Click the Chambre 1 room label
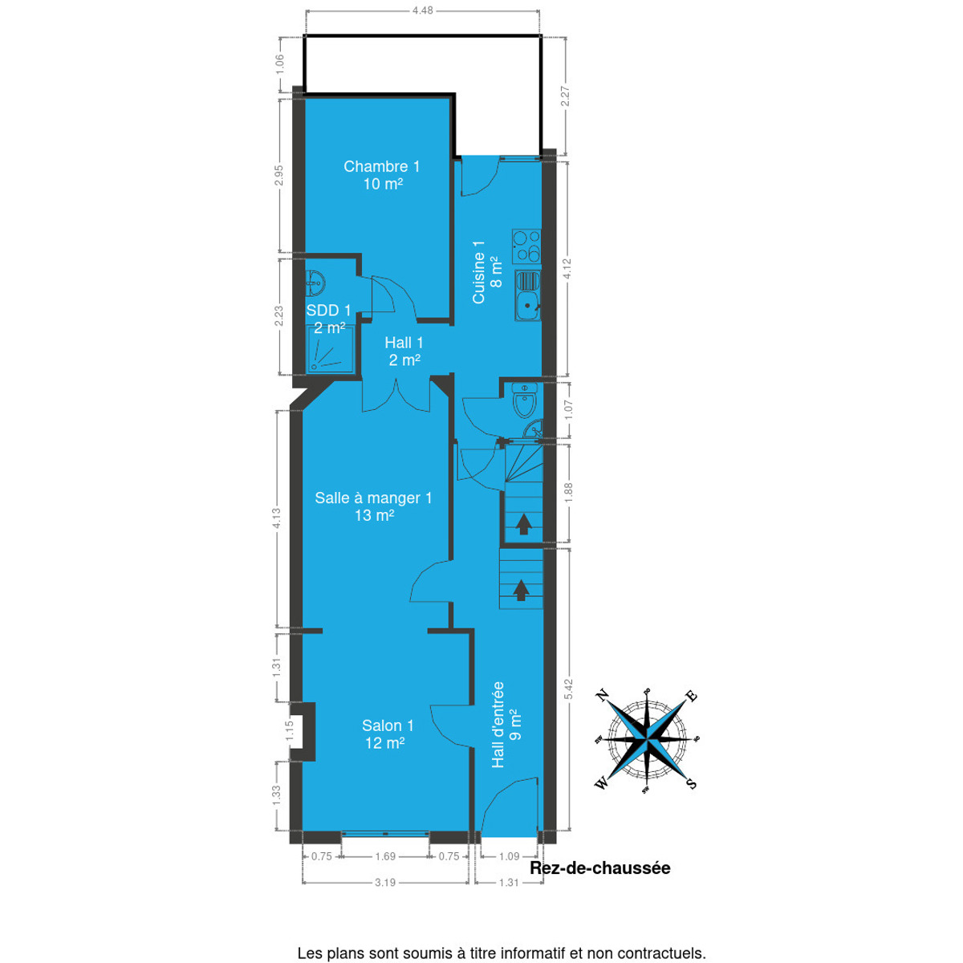(x=381, y=166)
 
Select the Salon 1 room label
(x=388, y=725)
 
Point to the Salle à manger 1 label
(x=373, y=498)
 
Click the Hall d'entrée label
(x=498, y=725)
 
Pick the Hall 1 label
(x=404, y=343)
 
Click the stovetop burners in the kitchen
(x=526, y=246)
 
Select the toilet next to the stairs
(x=525, y=400)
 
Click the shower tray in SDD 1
(x=331, y=350)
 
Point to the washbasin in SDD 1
(x=315, y=282)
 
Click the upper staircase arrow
(x=523, y=524)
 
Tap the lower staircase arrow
(x=522, y=590)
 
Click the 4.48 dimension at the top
(x=423, y=10)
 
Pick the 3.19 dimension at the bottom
(x=385, y=896)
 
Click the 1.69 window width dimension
(x=385, y=871)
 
